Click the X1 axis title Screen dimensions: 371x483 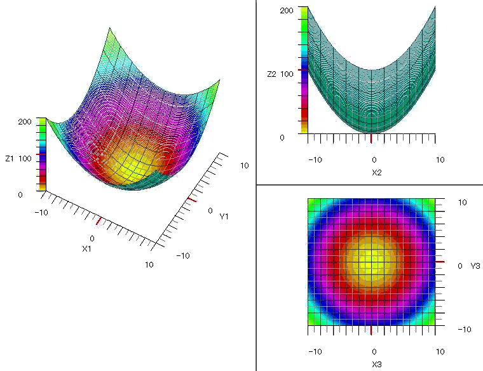click(87, 248)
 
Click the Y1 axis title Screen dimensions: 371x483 click(224, 217)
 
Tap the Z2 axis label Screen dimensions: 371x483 click(271, 74)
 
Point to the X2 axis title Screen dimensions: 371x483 click(376, 172)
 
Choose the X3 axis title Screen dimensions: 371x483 click(376, 365)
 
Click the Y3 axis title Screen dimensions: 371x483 click(474, 266)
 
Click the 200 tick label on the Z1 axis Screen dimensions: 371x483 click(25, 121)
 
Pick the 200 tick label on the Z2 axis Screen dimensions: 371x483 click(286, 11)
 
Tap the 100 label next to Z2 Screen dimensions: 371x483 click(287, 74)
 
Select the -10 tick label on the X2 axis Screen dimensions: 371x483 click(314, 159)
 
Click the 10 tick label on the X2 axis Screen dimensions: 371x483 click(440, 159)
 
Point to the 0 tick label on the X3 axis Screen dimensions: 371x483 click(374, 352)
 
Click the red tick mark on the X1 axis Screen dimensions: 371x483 click(98, 221)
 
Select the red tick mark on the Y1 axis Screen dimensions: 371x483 click(191, 200)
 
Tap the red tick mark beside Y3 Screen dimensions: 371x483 click(440, 262)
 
